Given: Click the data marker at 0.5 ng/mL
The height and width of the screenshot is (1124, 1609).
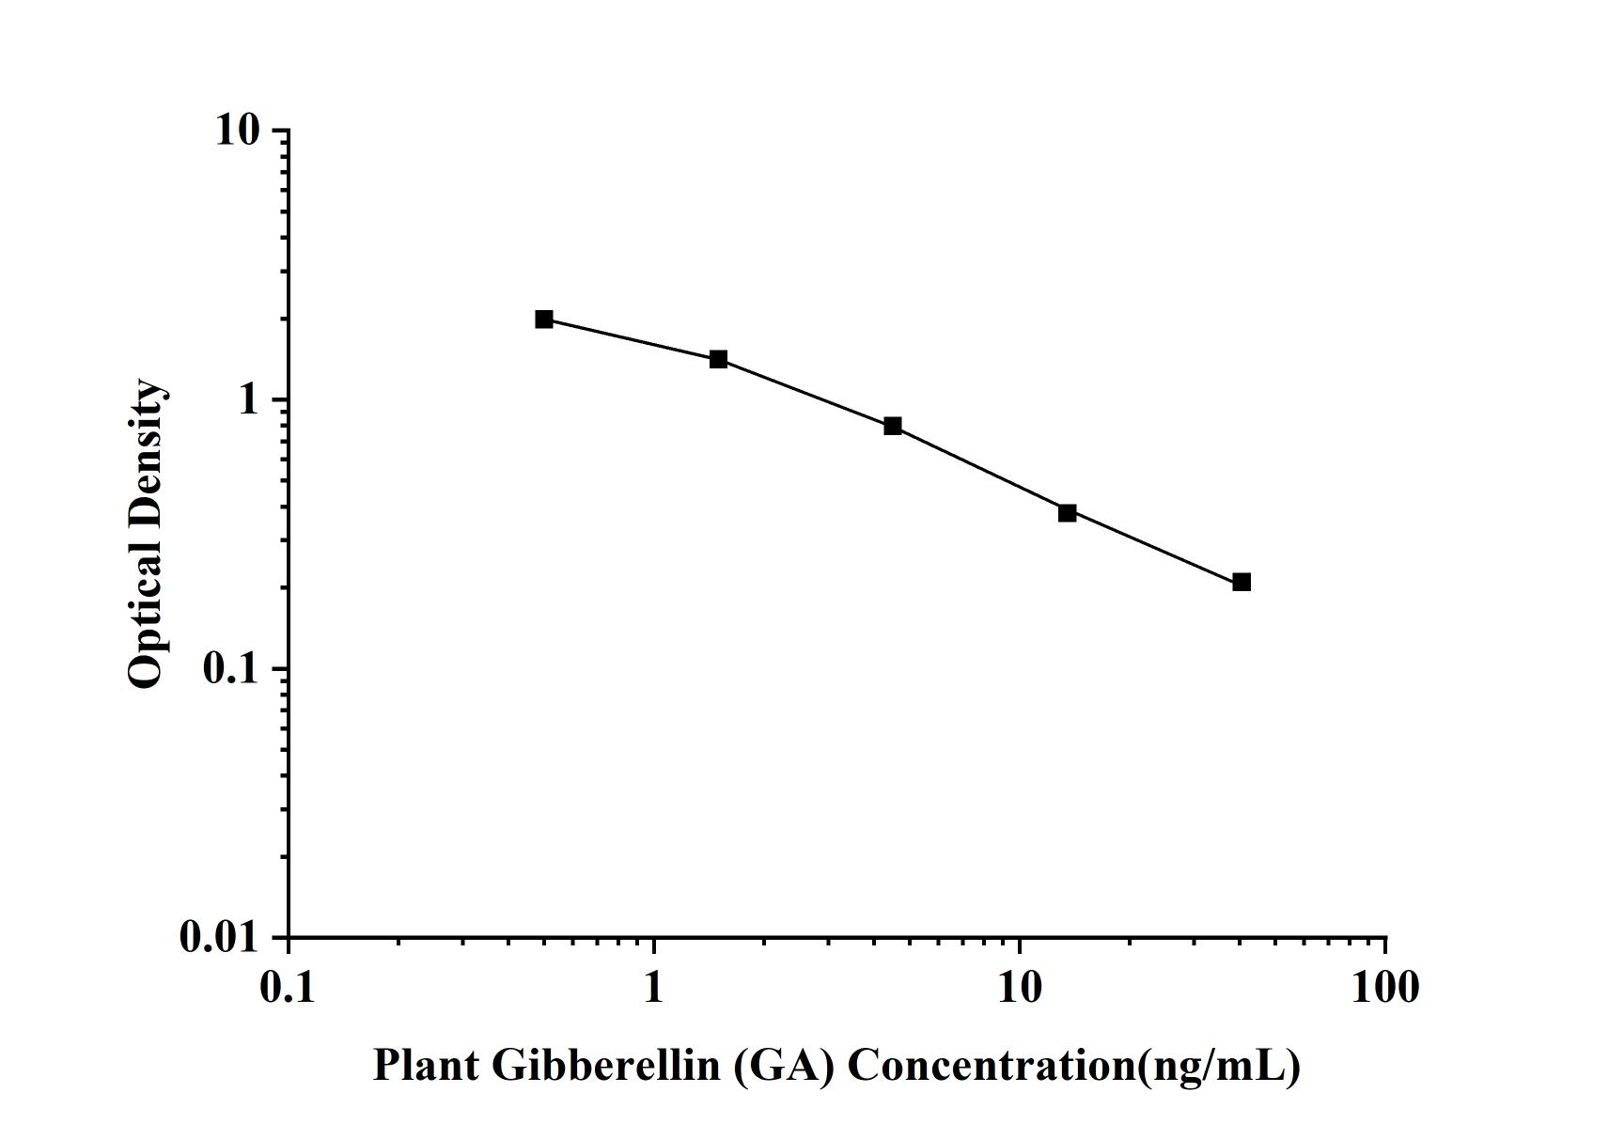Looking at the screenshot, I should pos(544,320).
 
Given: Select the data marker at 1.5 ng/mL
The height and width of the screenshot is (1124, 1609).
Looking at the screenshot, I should pos(719,359).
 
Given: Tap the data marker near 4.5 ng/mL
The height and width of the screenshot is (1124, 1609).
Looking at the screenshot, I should pos(893,427).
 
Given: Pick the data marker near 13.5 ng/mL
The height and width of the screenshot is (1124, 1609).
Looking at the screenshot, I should pos(1068,513).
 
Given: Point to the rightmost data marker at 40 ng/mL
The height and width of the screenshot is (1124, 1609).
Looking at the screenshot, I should pos(1242,583).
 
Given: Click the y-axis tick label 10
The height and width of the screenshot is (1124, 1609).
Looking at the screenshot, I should pos(237,131).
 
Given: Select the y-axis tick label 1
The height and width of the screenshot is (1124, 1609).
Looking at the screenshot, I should pos(249,400).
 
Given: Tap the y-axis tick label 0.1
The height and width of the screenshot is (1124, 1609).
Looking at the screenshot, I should pos(230,669).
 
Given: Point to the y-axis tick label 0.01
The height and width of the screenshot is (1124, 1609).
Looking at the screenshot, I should pos(219,938).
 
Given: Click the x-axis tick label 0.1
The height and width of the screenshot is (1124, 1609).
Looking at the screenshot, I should pos(288,989).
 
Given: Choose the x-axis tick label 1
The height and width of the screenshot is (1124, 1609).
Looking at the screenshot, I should pos(653,989).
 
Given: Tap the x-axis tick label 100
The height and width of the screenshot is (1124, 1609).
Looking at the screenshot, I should pos(1384,989).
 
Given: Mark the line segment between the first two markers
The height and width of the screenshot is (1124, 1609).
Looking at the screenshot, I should pos(632,339).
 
